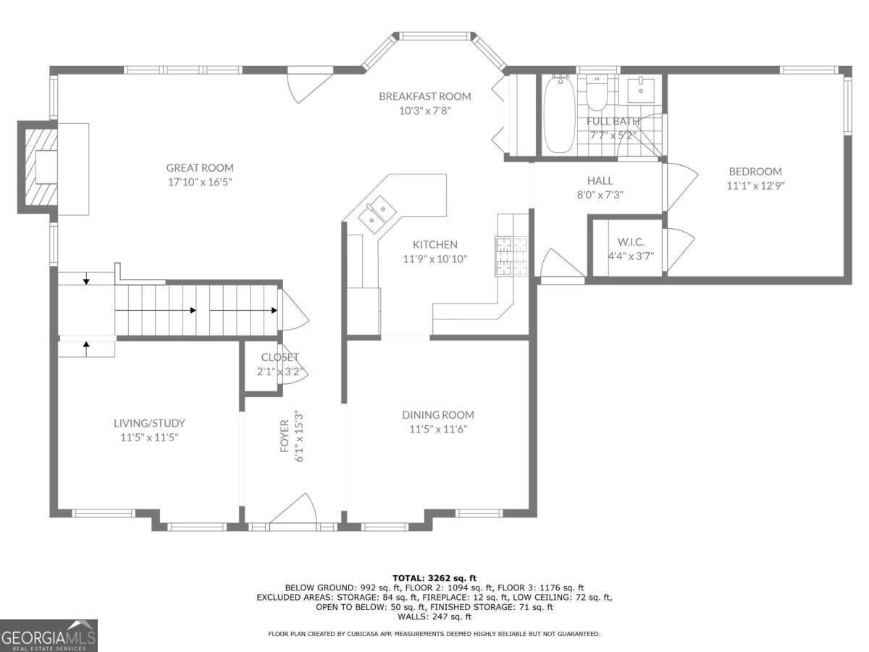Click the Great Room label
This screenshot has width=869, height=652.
[x=200, y=168]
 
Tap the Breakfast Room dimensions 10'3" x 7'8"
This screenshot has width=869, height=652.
[x=425, y=110]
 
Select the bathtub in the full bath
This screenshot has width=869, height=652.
[x=559, y=114]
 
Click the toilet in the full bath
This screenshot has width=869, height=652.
[x=597, y=93]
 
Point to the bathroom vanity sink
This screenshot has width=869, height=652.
[x=641, y=91]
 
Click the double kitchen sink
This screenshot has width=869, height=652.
[x=377, y=214]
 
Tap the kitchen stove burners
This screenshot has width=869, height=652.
[x=511, y=256]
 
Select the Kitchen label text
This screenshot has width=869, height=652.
[x=434, y=244]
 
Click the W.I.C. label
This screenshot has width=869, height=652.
[x=631, y=242]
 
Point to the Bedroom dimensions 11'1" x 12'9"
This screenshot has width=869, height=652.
[x=755, y=185]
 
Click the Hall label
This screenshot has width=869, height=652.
[x=600, y=180]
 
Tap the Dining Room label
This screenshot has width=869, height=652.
[x=438, y=415]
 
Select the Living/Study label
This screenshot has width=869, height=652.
[x=149, y=423]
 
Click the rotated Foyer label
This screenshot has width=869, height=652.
[x=285, y=436]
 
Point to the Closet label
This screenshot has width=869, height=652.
[x=280, y=357]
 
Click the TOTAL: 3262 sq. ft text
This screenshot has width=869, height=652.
[x=434, y=578]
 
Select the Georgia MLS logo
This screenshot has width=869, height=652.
[x=49, y=636]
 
